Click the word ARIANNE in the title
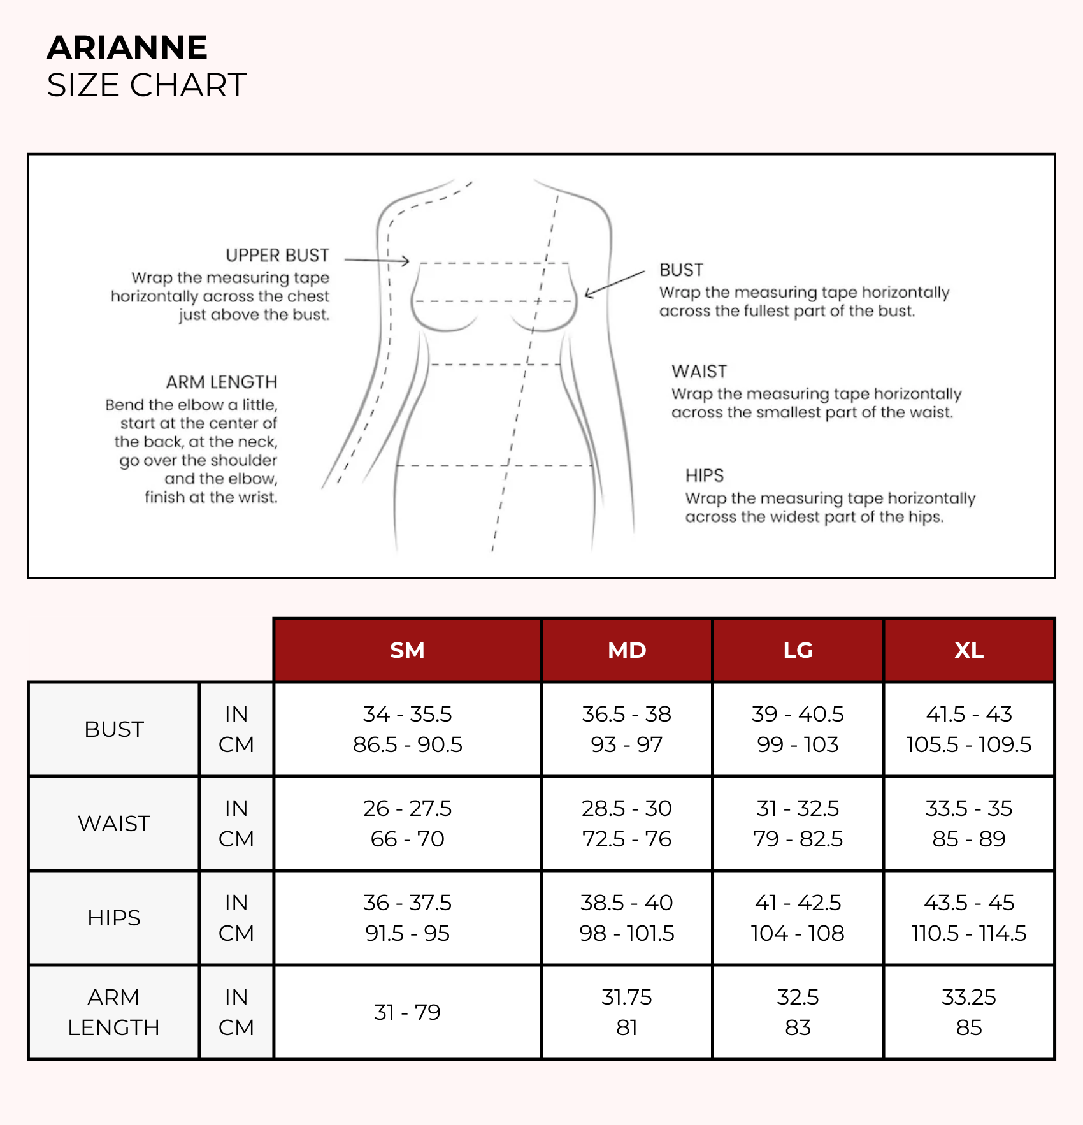[x=127, y=48]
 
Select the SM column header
[x=407, y=650]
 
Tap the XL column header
[x=968, y=650]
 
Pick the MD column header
[x=627, y=650]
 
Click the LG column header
[x=798, y=650]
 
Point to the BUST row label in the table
[x=114, y=729]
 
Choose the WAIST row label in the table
[x=114, y=824]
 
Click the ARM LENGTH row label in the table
[x=114, y=1012]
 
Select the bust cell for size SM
[x=407, y=729]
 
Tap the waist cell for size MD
[x=627, y=824]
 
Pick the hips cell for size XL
[x=968, y=918]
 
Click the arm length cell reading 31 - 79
[x=407, y=1012]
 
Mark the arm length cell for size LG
[x=798, y=1012]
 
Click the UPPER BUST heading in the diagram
[x=277, y=256]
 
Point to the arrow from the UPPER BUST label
[x=377, y=260]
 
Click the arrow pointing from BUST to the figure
[x=615, y=283]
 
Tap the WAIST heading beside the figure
[x=699, y=372]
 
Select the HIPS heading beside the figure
[x=705, y=475]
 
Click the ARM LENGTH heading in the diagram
[x=222, y=382]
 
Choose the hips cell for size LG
[x=798, y=918]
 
